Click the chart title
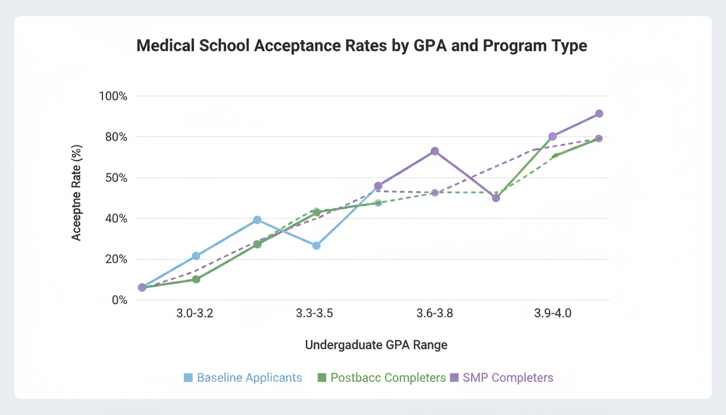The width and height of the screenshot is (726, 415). pos(361,45)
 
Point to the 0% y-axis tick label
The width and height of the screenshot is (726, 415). pos(118,300)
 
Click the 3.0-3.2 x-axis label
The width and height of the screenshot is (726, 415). pos(195,313)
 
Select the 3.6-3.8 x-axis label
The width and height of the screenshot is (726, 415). pos(435,313)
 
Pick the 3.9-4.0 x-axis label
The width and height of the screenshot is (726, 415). pos(553,313)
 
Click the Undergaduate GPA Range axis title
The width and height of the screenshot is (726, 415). pos(376,345)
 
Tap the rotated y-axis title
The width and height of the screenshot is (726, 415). pos(77,192)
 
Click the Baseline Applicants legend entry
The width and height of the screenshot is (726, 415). pos(249,378)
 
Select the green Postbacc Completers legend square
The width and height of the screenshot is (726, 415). pos(322,378)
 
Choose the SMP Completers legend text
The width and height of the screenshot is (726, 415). pos(508,378)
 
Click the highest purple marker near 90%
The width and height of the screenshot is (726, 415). pos(599,113)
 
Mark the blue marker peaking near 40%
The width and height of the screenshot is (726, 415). pos(257,220)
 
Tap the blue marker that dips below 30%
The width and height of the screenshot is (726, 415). pos(317,245)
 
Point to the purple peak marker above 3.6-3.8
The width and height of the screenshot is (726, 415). pos(435,151)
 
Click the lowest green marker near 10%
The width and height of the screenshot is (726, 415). pos(196,279)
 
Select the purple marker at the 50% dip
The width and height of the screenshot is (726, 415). pos(496,198)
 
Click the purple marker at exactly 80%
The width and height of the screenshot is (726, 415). pos(553,136)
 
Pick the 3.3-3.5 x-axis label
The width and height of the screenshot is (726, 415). pos(314,313)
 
